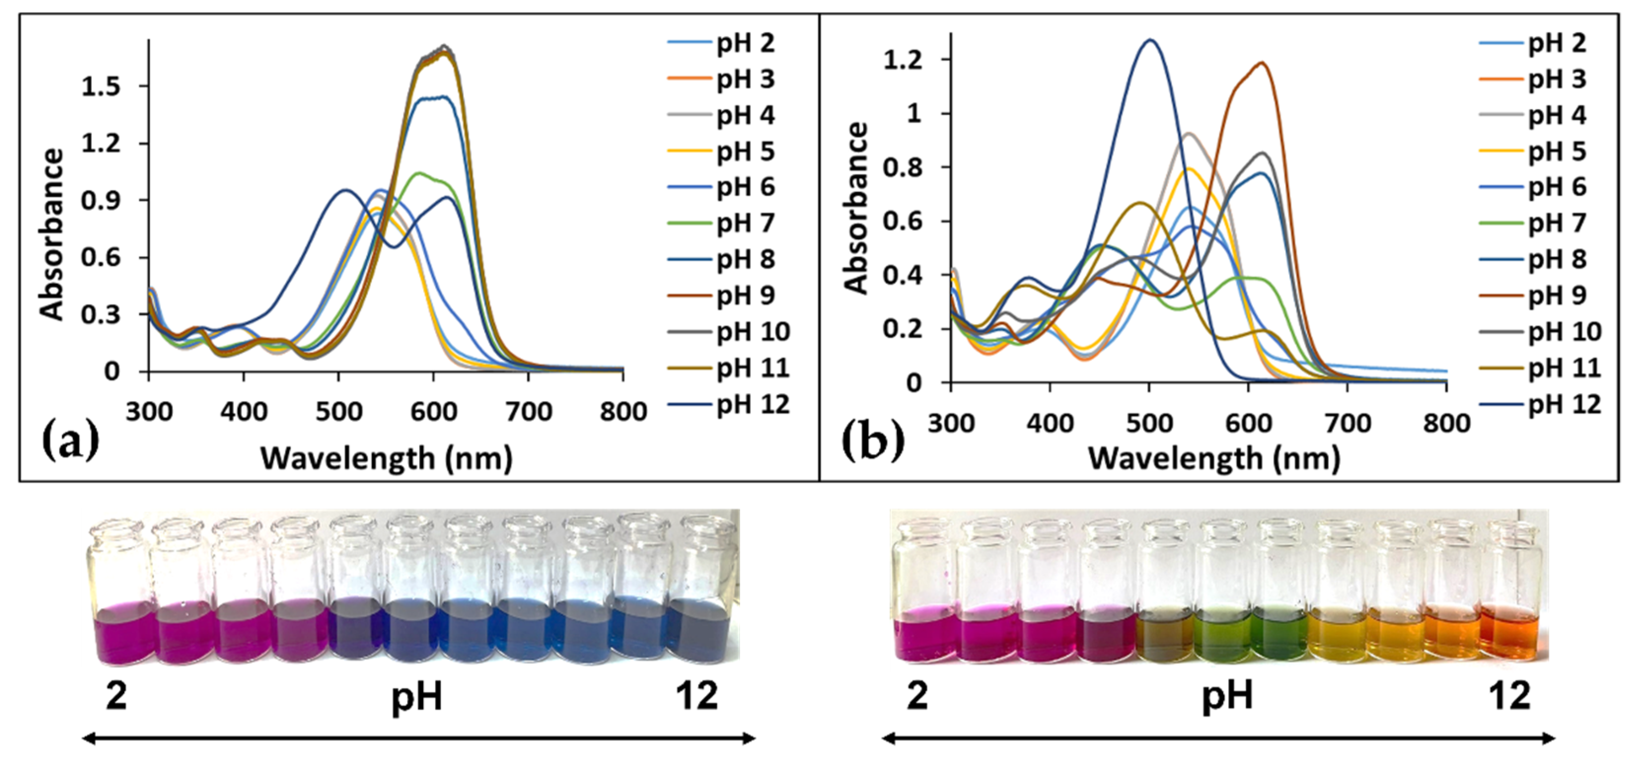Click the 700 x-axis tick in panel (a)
tap(528, 412)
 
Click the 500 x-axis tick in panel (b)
tap(1149, 423)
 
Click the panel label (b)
tap(872, 441)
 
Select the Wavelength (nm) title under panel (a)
tap(386, 458)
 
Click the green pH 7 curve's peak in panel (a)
tap(418, 173)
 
